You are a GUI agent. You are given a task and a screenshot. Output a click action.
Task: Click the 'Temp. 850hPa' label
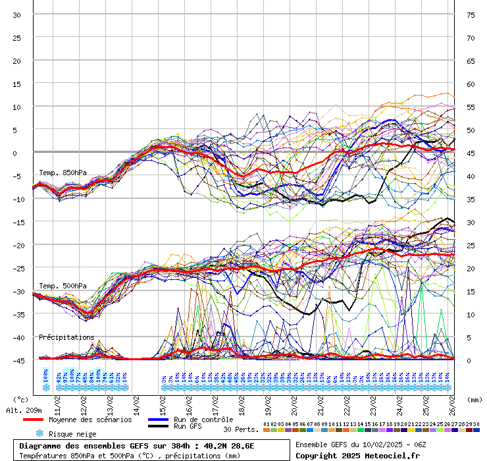pyautogui.click(x=63, y=173)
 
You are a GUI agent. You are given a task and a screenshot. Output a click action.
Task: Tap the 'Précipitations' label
pyautogui.click(x=66, y=337)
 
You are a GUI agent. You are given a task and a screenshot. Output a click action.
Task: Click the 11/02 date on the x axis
pyautogui.click(x=57, y=401)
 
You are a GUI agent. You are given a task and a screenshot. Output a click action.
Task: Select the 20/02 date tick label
pyautogui.click(x=294, y=401)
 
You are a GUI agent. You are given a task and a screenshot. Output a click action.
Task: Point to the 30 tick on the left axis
pyautogui.click(x=18, y=14)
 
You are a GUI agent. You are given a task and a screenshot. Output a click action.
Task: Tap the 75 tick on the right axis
pyautogui.click(x=471, y=14)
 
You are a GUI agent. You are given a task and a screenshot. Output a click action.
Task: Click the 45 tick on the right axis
pyautogui.click(x=471, y=153)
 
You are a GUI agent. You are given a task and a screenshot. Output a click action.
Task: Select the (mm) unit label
pyautogui.click(x=474, y=399)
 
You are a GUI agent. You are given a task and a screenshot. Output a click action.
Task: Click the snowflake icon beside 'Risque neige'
pyautogui.click(x=39, y=433)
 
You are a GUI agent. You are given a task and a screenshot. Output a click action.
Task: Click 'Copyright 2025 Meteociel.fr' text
pyautogui.click(x=357, y=455)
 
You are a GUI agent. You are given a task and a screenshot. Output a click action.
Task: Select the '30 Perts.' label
pyautogui.click(x=241, y=429)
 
